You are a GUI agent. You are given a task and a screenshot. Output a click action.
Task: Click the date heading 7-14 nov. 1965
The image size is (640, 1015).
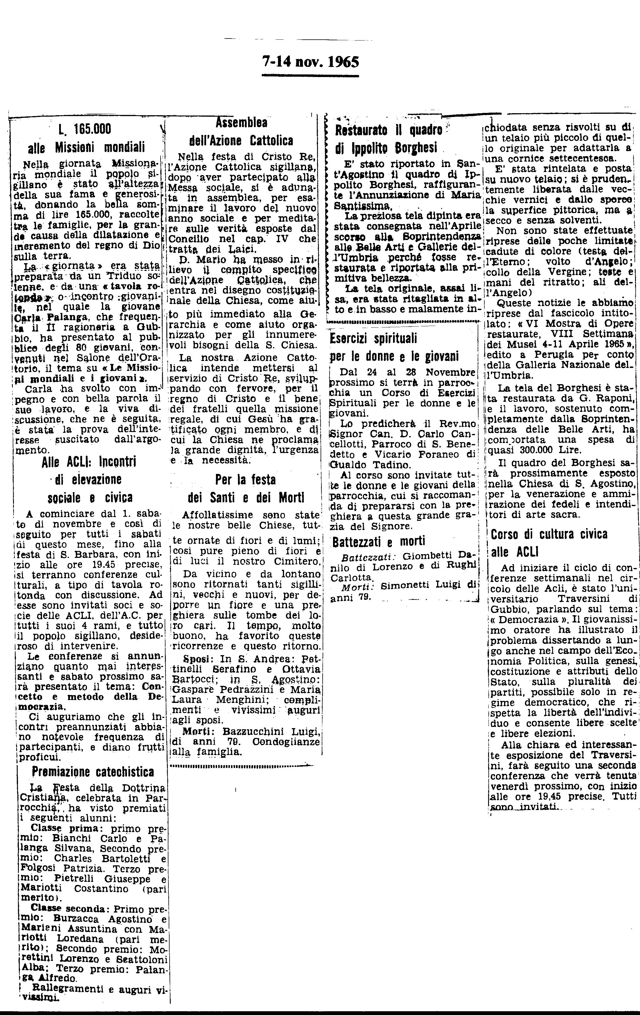310,62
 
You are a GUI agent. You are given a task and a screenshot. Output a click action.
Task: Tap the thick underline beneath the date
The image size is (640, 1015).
310,76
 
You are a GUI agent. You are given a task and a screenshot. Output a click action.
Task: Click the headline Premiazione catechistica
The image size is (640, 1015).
93,772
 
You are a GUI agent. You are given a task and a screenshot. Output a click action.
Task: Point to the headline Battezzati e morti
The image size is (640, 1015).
379,541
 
